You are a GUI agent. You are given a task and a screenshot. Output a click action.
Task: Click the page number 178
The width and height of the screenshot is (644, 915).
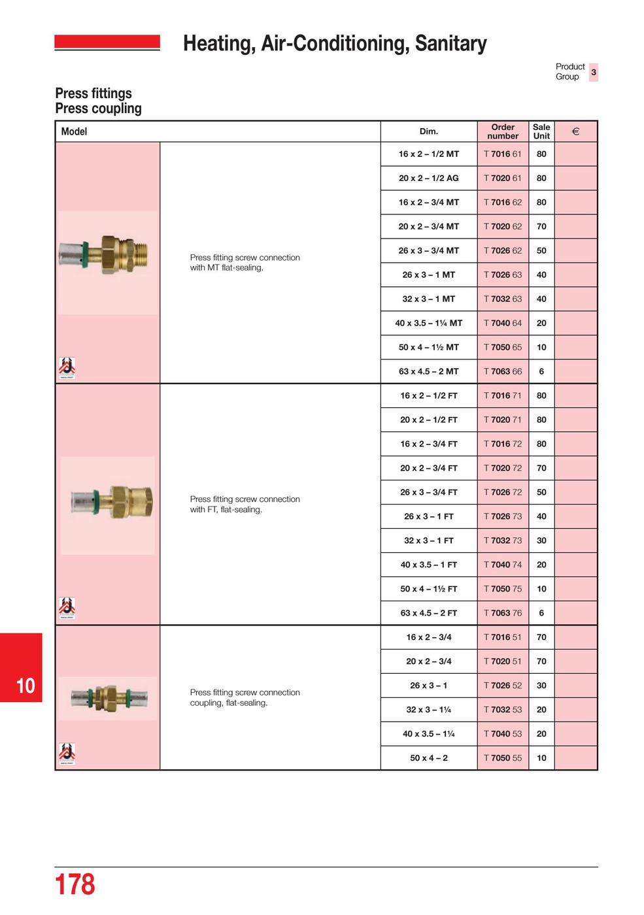click(75, 884)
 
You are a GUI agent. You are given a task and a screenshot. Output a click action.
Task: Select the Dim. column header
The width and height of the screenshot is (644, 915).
click(429, 131)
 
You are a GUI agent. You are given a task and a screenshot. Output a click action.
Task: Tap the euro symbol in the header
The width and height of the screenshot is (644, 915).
click(575, 131)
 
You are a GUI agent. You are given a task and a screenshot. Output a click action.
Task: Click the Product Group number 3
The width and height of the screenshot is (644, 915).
click(594, 72)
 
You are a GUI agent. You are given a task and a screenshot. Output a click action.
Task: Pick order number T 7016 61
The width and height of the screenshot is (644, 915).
click(502, 154)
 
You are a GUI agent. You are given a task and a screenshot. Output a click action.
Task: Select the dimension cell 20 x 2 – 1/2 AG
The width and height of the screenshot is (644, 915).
click(429, 178)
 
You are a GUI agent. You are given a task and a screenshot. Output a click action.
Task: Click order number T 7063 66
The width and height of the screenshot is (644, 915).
click(502, 372)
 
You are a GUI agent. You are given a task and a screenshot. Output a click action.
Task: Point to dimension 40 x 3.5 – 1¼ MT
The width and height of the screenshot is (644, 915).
click(429, 324)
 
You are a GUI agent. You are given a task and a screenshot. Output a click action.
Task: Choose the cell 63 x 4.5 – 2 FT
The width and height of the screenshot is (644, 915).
click(429, 614)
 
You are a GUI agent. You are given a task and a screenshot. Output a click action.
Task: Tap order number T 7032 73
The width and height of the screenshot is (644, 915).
click(502, 541)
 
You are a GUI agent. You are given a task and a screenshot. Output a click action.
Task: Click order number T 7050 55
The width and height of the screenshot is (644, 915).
click(502, 759)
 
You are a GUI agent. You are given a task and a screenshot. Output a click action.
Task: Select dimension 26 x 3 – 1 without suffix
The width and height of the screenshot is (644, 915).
click(429, 686)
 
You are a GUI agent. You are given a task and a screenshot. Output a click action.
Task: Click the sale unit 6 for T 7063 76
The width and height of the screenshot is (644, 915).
click(541, 614)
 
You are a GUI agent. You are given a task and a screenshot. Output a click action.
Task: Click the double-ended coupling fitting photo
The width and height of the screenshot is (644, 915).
click(109, 698)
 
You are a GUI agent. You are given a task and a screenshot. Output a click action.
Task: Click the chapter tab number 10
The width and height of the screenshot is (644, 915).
click(25, 686)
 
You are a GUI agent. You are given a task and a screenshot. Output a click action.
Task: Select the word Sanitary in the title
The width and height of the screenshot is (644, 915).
click(450, 43)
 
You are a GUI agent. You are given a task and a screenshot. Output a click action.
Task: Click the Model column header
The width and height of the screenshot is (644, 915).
click(74, 131)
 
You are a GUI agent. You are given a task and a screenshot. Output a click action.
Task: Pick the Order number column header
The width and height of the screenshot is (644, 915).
click(503, 131)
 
